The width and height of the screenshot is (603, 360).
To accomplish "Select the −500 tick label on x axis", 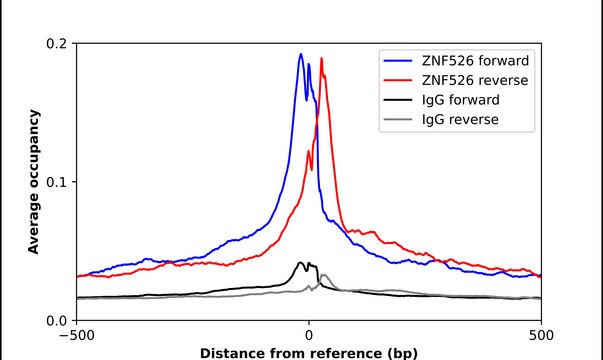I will coord(77,336).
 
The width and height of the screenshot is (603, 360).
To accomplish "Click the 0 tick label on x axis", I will coord(309,336).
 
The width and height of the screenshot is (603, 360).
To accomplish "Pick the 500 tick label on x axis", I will coord(541,336).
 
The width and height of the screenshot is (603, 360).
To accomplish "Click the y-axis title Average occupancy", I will coord(33,182).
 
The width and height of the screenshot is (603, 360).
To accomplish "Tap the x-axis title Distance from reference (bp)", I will coord(309,353).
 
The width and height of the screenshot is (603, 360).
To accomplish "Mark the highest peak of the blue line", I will coord(301,54).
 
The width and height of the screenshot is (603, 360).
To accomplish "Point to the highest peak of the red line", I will coord(321,58).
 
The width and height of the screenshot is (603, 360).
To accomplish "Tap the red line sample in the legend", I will coord(395,80).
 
